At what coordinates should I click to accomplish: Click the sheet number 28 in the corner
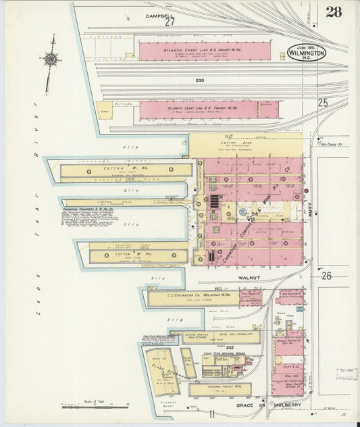[333, 11]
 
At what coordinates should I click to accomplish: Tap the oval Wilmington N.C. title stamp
[306, 52]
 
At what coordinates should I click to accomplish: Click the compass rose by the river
[50, 59]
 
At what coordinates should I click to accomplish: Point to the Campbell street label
[159, 15]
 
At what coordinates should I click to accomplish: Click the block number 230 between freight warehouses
[200, 80]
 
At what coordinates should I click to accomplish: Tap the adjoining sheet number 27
[170, 22]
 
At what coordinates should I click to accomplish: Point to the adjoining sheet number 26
[327, 276]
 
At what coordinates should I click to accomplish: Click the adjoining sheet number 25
[323, 103]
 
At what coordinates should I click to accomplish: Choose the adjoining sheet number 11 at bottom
[211, 414]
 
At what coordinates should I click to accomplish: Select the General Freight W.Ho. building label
[220, 388]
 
